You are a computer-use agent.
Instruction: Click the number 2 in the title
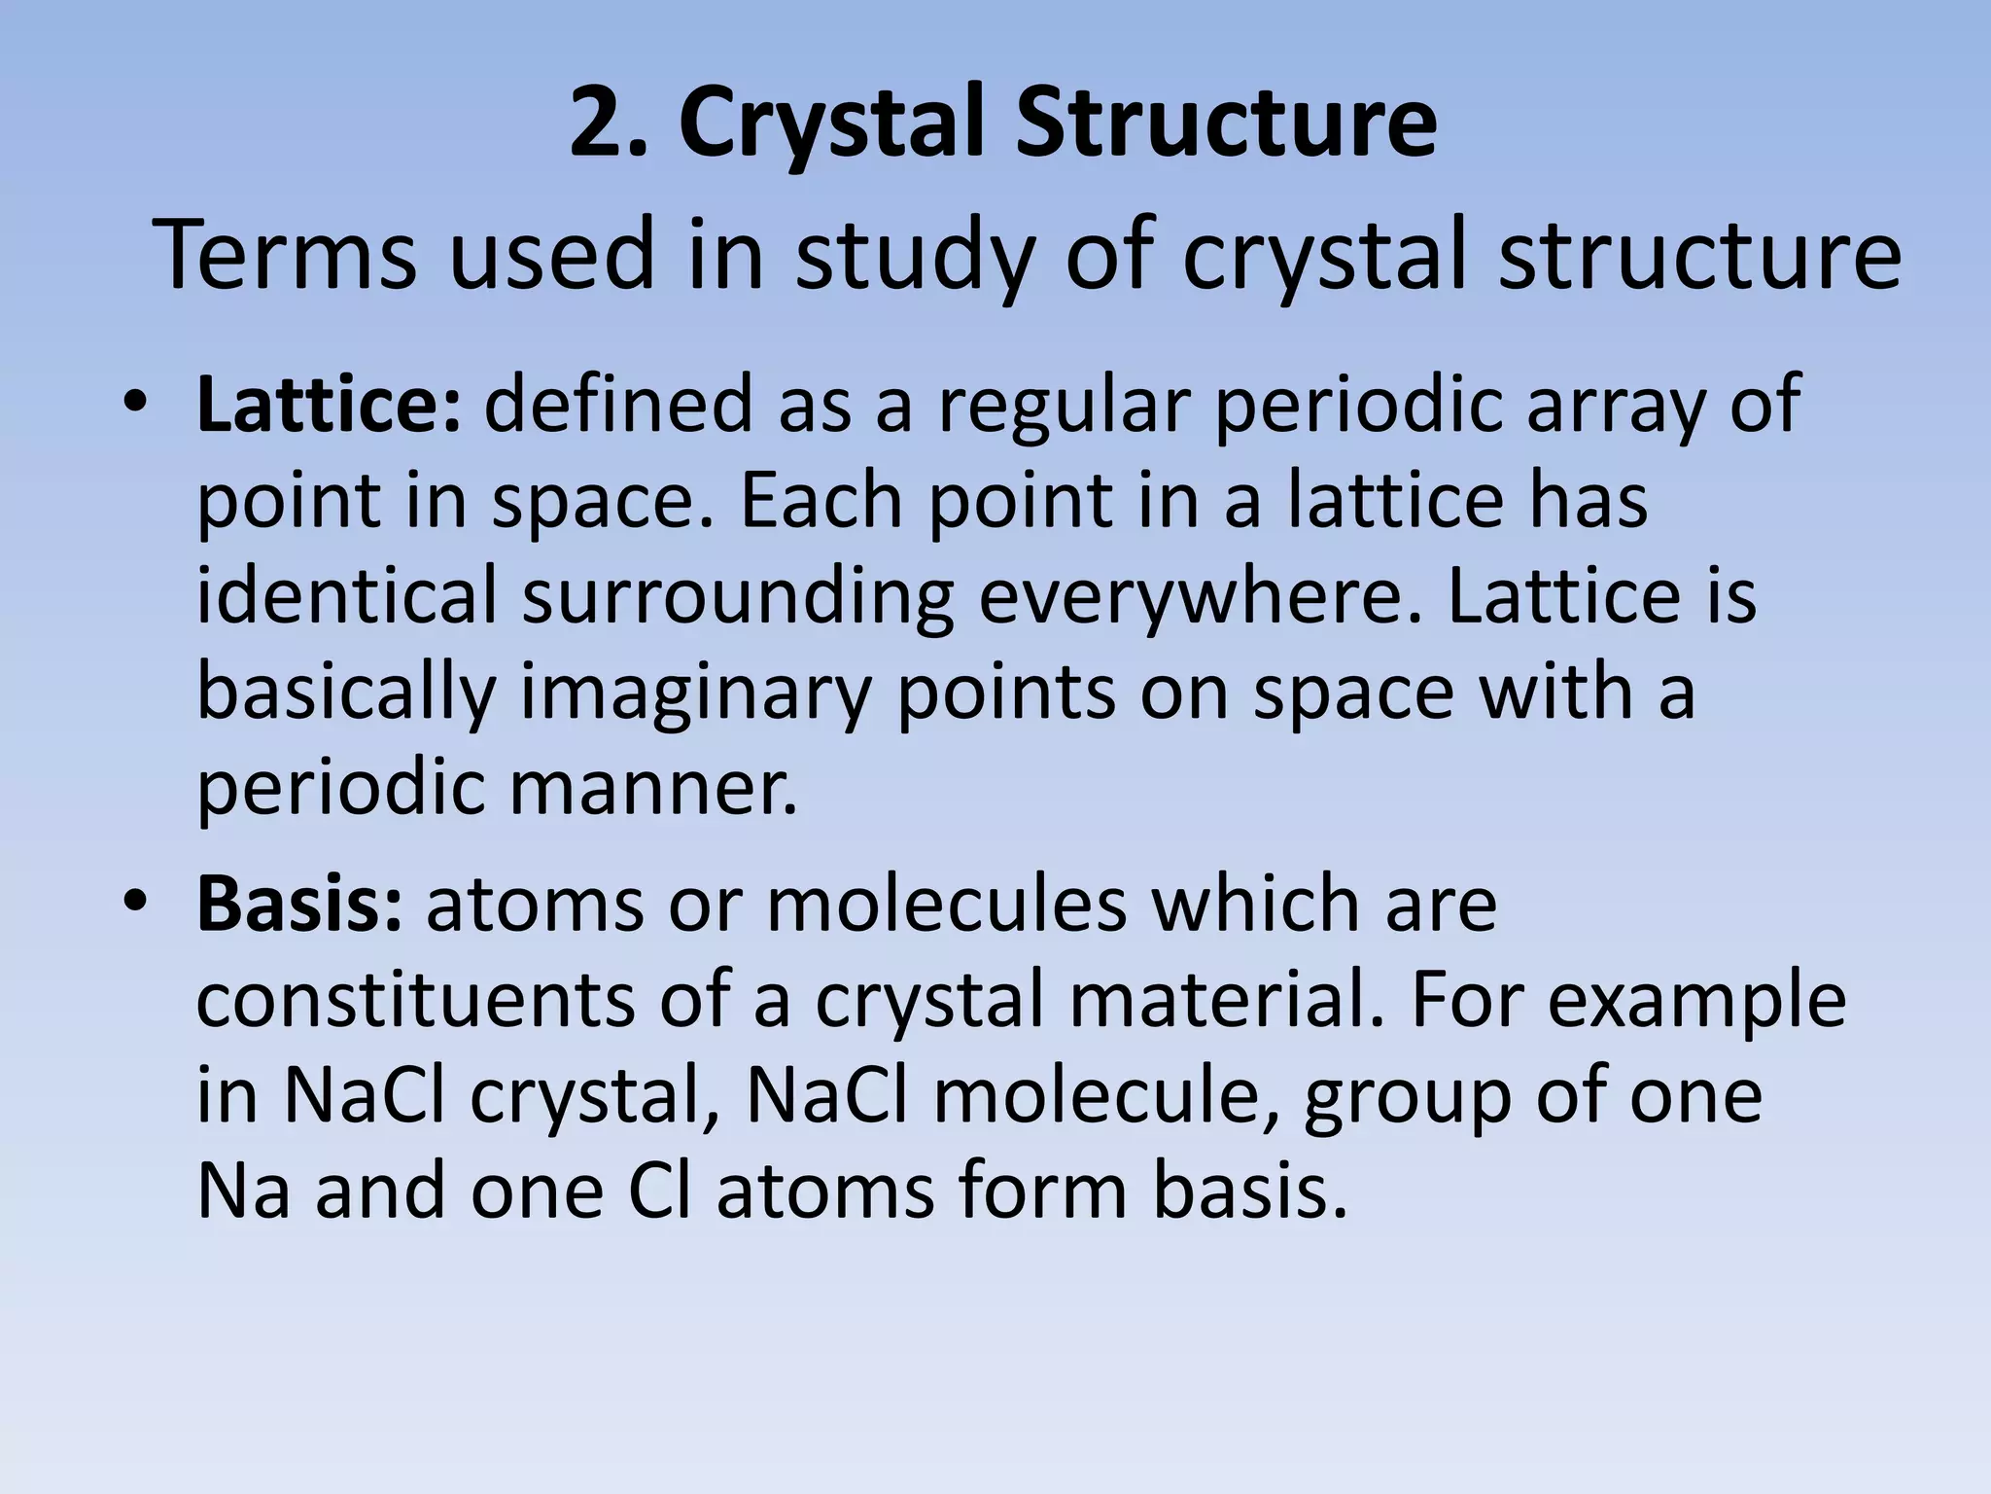point(594,124)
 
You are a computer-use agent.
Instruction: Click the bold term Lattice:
point(329,404)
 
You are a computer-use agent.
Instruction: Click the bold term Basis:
point(298,905)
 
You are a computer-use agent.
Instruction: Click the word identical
point(347,595)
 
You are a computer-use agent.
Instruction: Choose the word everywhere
point(1200,595)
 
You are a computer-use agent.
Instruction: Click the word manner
point(652,787)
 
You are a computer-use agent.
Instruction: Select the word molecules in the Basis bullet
point(947,905)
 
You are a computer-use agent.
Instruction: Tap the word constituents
point(414,999)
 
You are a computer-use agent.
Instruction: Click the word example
point(1695,999)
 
